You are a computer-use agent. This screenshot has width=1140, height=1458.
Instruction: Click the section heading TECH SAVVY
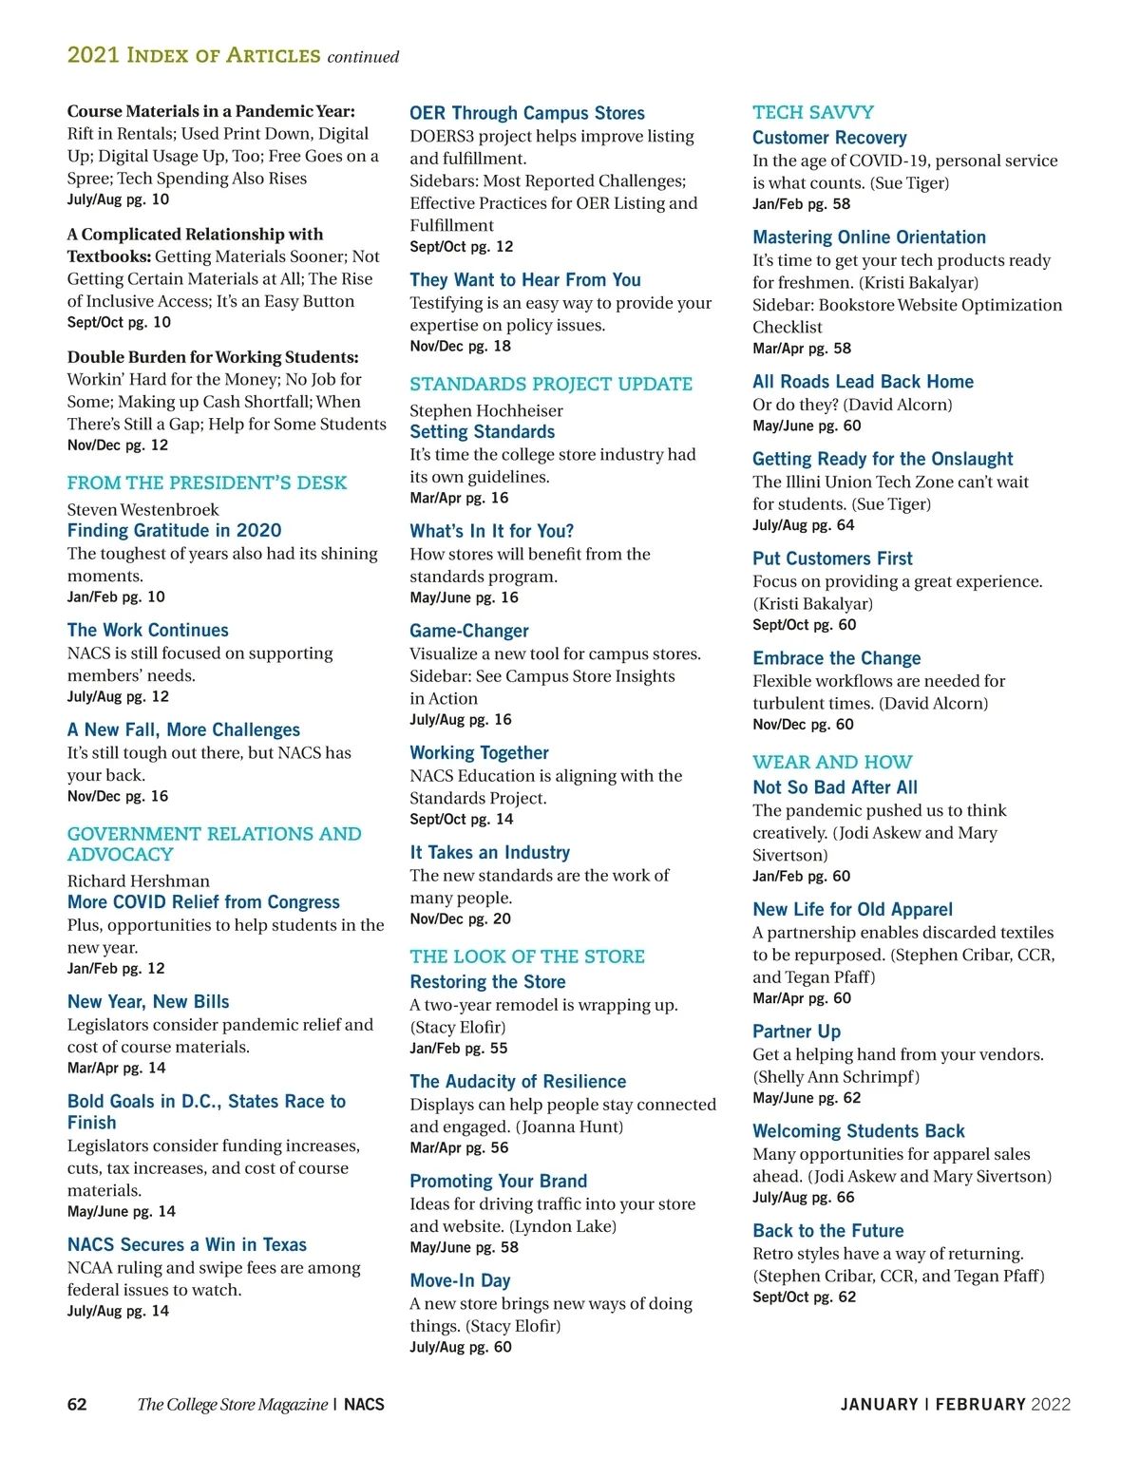pyautogui.click(x=812, y=112)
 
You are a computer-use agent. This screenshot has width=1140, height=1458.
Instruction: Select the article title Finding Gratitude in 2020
pyautogui.click(x=174, y=531)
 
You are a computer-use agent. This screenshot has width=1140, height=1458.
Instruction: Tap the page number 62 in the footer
pyautogui.click(x=77, y=1404)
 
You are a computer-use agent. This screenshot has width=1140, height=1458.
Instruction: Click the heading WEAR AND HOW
pyautogui.click(x=832, y=762)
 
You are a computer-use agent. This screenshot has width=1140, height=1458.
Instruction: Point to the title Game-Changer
pyautogui.click(x=469, y=631)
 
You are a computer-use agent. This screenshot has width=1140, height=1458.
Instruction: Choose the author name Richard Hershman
pyautogui.click(x=139, y=880)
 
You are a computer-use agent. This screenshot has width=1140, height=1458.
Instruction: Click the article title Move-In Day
pyautogui.click(x=460, y=1280)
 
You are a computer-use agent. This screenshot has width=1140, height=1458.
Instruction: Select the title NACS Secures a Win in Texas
pyautogui.click(x=187, y=1244)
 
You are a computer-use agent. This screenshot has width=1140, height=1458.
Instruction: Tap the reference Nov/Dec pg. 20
pyautogui.click(x=460, y=918)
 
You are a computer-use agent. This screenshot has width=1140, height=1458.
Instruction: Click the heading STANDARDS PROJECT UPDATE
pyautogui.click(x=551, y=384)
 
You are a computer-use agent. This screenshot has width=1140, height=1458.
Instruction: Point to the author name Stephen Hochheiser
pyautogui.click(x=486, y=410)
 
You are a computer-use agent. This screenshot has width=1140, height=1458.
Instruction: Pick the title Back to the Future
pyautogui.click(x=827, y=1231)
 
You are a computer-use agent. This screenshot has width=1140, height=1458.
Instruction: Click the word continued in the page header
pyautogui.click(x=363, y=57)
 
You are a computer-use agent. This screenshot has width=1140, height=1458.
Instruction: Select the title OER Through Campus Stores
pyautogui.click(x=527, y=113)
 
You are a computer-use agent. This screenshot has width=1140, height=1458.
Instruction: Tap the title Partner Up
pyautogui.click(x=796, y=1032)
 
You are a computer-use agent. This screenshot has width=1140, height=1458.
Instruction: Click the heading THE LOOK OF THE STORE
pyautogui.click(x=527, y=956)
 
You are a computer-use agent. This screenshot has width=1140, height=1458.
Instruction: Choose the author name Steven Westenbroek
pyautogui.click(x=142, y=509)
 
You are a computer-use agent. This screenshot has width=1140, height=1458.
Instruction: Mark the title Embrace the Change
pyautogui.click(x=836, y=658)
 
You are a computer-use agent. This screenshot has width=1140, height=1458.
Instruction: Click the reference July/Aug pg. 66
pyautogui.click(x=803, y=1197)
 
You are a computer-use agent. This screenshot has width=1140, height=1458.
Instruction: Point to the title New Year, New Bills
pyautogui.click(x=148, y=1002)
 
